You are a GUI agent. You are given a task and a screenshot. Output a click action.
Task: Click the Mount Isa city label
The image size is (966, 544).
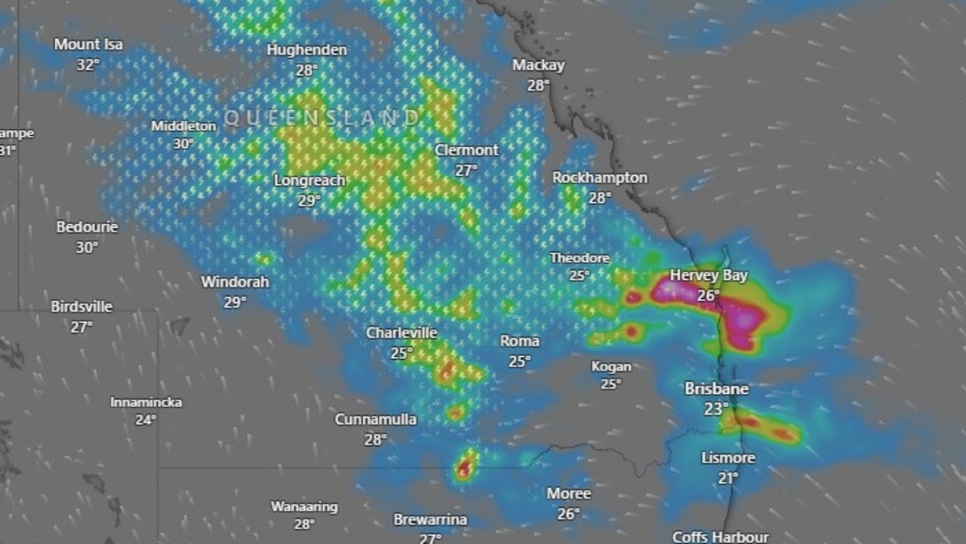click(88, 45)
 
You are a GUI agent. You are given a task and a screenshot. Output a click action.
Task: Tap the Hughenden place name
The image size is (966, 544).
click(307, 50)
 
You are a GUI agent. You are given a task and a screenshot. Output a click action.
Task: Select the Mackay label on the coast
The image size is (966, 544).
click(538, 65)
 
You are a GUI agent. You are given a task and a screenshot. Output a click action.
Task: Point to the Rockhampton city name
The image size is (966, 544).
click(600, 178)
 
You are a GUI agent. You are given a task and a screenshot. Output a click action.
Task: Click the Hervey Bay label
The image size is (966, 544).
click(709, 275)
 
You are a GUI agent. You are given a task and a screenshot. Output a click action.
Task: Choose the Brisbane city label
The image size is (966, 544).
click(716, 389)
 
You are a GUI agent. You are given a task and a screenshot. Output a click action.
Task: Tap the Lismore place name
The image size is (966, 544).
click(728, 458)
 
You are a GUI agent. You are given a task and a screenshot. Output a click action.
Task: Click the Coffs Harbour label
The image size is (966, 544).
click(720, 536)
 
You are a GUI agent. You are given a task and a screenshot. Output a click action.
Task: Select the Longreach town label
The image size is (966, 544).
click(309, 181)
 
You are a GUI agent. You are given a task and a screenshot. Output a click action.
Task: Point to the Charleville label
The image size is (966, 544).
click(401, 333)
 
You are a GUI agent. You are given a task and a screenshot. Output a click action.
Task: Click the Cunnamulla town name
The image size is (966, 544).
click(376, 420)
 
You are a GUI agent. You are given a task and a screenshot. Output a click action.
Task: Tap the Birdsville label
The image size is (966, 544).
click(82, 307)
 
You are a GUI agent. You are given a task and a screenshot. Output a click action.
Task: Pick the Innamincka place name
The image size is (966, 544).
click(146, 402)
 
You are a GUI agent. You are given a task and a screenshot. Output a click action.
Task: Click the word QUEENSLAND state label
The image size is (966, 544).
click(322, 118)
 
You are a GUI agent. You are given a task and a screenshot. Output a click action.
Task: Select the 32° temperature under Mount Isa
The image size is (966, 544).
click(88, 65)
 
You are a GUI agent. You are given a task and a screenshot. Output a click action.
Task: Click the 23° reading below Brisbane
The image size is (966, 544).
click(716, 409)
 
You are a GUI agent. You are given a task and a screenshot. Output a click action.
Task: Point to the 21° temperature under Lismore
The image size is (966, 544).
click(728, 478)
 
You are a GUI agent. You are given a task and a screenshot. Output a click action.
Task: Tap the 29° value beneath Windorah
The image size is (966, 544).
click(235, 302)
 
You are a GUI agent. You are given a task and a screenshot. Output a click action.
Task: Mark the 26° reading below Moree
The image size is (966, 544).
click(568, 514)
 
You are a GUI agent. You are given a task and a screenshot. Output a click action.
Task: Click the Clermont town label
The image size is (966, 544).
click(466, 150)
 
